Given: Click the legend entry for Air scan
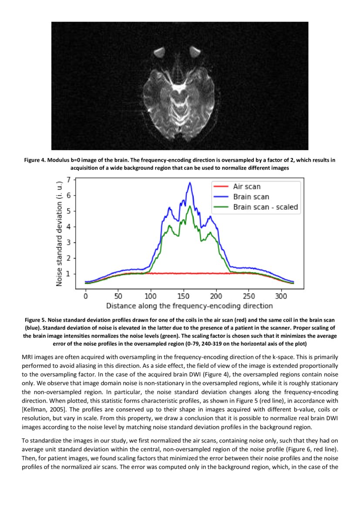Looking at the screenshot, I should pyautogui.click(x=247, y=186).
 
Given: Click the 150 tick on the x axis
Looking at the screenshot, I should pyautogui.click(x=183, y=295).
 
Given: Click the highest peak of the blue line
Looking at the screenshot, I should pyautogui.click(x=190, y=183).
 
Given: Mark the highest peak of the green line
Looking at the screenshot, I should pyautogui.click(x=189, y=206).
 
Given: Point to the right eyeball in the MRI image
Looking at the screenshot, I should pyautogui.click(x=194, y=53).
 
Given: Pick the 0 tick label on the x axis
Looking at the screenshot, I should pyautogui.click(x=86, y=295).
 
